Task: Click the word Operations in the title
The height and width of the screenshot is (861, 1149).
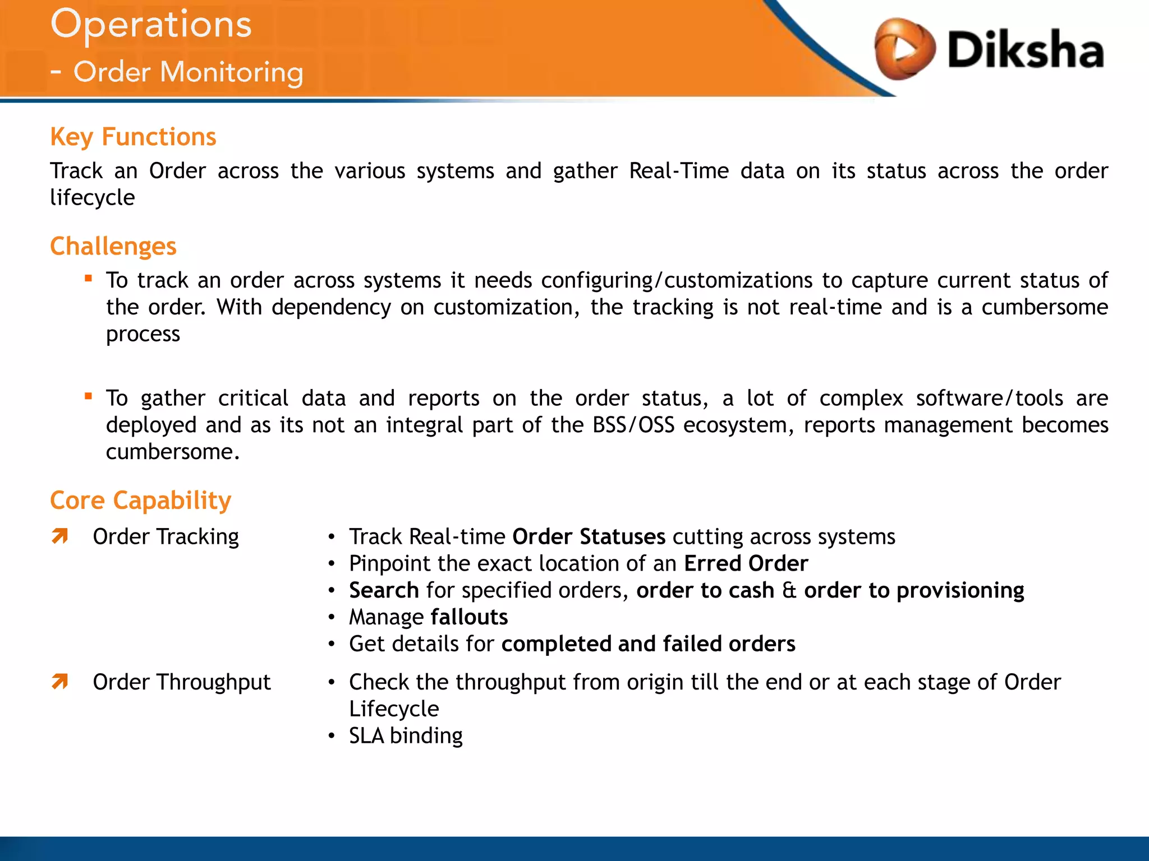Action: (151, 25)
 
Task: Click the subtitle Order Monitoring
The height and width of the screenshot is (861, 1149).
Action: (188, 73)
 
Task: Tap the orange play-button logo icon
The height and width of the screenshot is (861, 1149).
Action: (904, 49)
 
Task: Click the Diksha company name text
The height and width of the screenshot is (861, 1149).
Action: (1026, 50)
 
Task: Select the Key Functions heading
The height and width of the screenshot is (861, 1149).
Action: (133, 137)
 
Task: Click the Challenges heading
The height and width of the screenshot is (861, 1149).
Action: (113, 247)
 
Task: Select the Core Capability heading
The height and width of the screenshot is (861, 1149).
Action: (140, 501)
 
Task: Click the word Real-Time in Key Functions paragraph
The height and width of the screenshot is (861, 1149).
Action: (678, 171)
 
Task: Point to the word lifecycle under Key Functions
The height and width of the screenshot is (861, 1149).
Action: (92, 198)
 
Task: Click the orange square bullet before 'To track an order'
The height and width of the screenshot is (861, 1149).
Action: (88, 278)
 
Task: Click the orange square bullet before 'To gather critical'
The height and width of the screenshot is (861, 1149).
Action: (88, 396)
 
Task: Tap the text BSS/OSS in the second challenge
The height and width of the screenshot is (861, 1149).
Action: (633, 425)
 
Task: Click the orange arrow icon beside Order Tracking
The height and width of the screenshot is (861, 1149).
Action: (59, 536)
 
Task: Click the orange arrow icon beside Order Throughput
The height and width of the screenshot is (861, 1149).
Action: (59, 682)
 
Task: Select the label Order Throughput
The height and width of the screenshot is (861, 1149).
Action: (181, 682)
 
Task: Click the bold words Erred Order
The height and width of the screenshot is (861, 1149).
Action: (746, 564)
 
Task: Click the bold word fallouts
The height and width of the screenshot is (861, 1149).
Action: (469, 618)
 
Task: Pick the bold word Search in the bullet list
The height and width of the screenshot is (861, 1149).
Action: (384, 591)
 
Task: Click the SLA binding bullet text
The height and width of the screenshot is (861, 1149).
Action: (406, 736)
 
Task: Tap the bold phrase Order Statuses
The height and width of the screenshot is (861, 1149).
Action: (589, 537)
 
